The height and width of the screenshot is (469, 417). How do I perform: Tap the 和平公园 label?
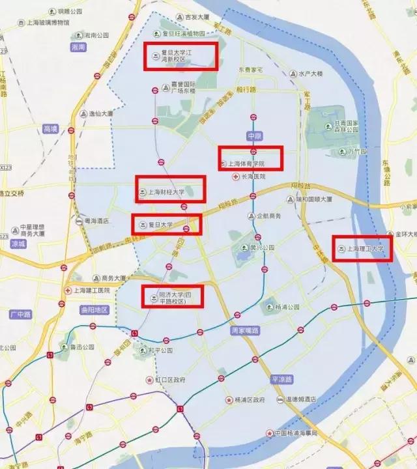159,350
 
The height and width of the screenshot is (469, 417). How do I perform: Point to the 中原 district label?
254,135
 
